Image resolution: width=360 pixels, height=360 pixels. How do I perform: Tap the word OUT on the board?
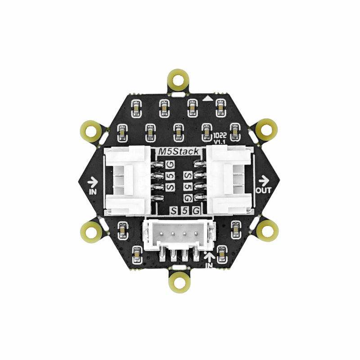[263, 190]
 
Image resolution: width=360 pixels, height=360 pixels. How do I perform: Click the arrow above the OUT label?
[263, 181]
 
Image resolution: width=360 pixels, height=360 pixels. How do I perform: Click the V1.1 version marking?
[219, 142]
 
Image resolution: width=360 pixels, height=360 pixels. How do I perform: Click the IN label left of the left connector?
[93, 191]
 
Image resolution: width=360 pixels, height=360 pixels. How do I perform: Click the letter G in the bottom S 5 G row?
[195, 211]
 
